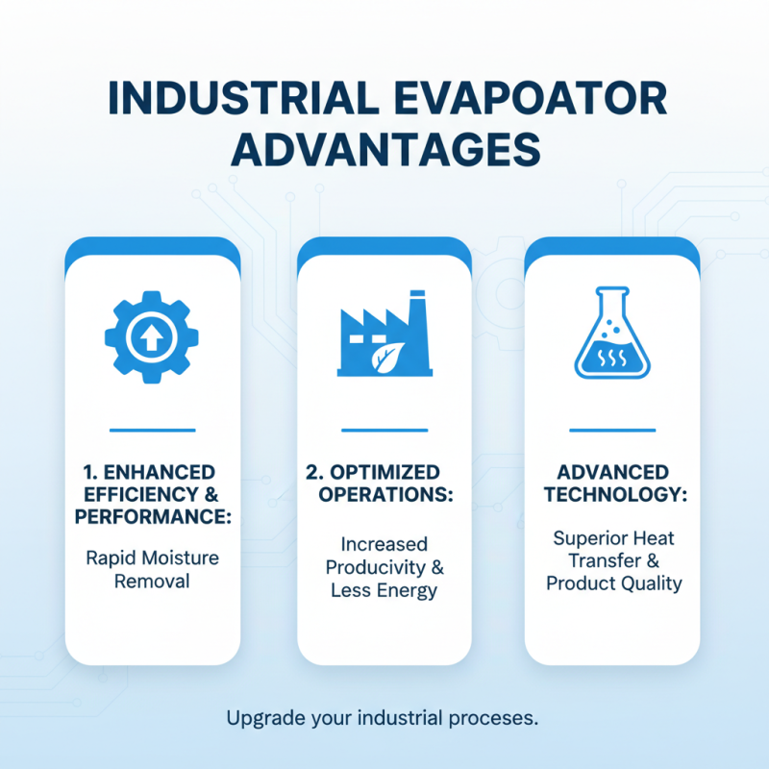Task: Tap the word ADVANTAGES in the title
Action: tap(384, 151)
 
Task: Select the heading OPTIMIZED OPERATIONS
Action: tap(378, 484)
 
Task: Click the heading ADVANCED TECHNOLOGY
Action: tap(612, 484)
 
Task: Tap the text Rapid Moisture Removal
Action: tap(153, 569)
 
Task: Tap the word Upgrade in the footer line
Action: tap(258, 718)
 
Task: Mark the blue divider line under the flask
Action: tap(611, 430)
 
